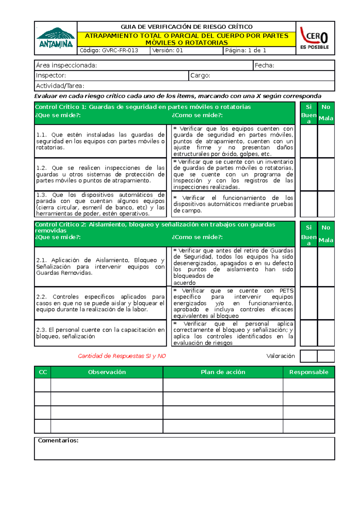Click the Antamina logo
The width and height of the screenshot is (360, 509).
point(56,38)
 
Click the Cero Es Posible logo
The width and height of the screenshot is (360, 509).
point(315,38)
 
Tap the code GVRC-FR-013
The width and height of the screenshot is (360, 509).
point(109,50)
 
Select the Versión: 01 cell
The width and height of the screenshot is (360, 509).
point(168,50)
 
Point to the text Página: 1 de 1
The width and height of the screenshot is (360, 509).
point(246,50)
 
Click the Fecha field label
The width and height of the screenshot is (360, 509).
point(264,65)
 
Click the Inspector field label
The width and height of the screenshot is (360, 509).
point(51,76)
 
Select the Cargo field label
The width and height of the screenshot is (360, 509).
point(200,76)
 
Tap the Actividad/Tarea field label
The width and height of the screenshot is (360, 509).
point(60,86)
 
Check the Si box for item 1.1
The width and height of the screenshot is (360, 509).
point(309,141)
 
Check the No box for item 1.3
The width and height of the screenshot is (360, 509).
point(326,204)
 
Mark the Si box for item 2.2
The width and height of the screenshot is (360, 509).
point(309,303)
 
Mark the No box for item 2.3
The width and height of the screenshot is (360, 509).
point(326,333)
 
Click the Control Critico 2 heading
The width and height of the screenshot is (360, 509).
point(155,227)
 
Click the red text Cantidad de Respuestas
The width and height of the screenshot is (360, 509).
point(122,356)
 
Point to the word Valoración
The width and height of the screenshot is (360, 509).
point(280,356)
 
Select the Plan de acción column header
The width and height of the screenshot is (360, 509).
point(223,372)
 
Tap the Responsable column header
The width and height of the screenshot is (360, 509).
point(309,372)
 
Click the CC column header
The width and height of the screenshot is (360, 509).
point(43,372)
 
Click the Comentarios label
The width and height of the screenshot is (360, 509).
point(58,440)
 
